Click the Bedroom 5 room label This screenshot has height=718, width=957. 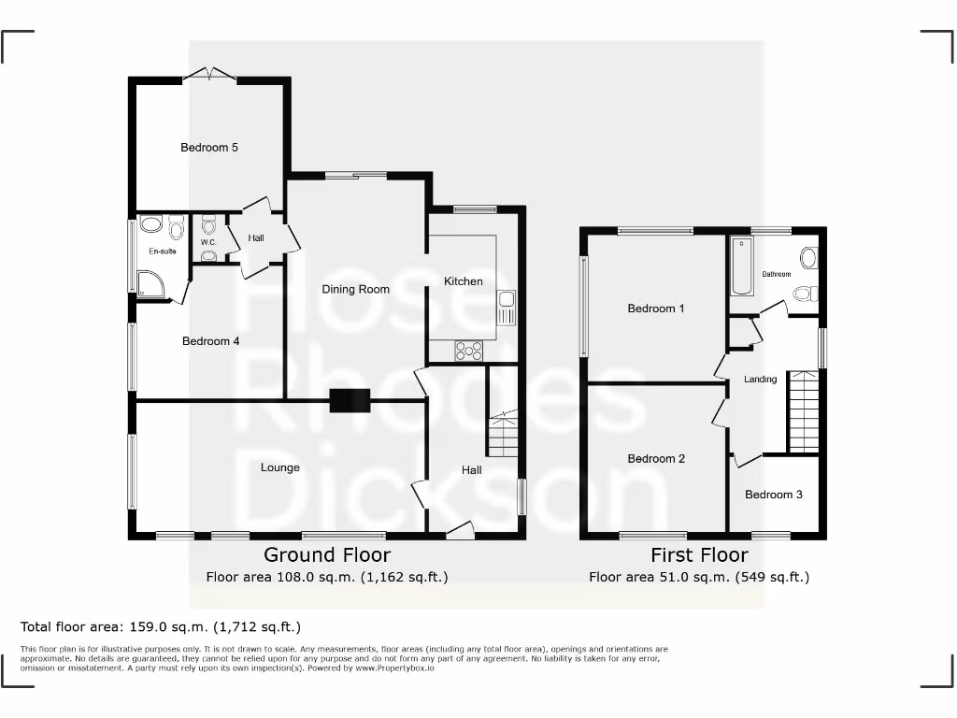click(209, 148)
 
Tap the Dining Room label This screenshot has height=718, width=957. click(355, 289)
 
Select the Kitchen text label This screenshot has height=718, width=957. click(464, 281)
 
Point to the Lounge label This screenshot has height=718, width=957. click(280, 467)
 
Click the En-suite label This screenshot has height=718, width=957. click(162, 251)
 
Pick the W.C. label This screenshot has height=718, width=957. click(208, 243)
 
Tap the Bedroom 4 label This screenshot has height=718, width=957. click(210, 341)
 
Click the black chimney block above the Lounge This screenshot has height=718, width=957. click(350, 400)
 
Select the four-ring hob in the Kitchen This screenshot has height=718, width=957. click(468, 351)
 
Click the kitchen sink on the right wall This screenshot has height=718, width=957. click(507, 309)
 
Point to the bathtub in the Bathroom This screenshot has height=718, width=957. click(743, 266)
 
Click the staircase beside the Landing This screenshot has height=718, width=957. click(803, 411)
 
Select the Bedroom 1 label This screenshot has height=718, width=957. click(656, 309)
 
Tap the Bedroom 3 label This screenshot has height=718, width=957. click(773, 495)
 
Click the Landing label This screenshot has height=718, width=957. click(760, 380)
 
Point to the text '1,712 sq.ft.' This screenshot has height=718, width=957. click(258, 626)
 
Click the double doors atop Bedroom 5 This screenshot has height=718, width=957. click(209, 75)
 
